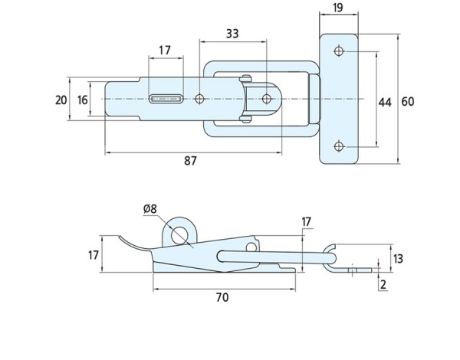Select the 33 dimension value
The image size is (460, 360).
[x=233, y=33]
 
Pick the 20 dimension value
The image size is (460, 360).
[x=61, y=100]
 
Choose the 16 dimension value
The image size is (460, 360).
[x=82, y=100]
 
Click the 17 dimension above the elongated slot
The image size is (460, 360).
[x=165, y=51]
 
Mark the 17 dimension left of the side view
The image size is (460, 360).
[x=92, y=255]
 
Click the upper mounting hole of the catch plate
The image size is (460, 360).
[x=339, y=52]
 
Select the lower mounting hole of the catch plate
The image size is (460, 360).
[x=339, y=146]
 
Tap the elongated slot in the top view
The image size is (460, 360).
[x=166, y=99]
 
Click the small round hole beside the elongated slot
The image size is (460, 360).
[x=199, y=99]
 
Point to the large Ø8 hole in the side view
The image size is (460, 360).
[x=182, y=235]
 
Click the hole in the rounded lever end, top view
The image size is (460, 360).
[x=266, y=99]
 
